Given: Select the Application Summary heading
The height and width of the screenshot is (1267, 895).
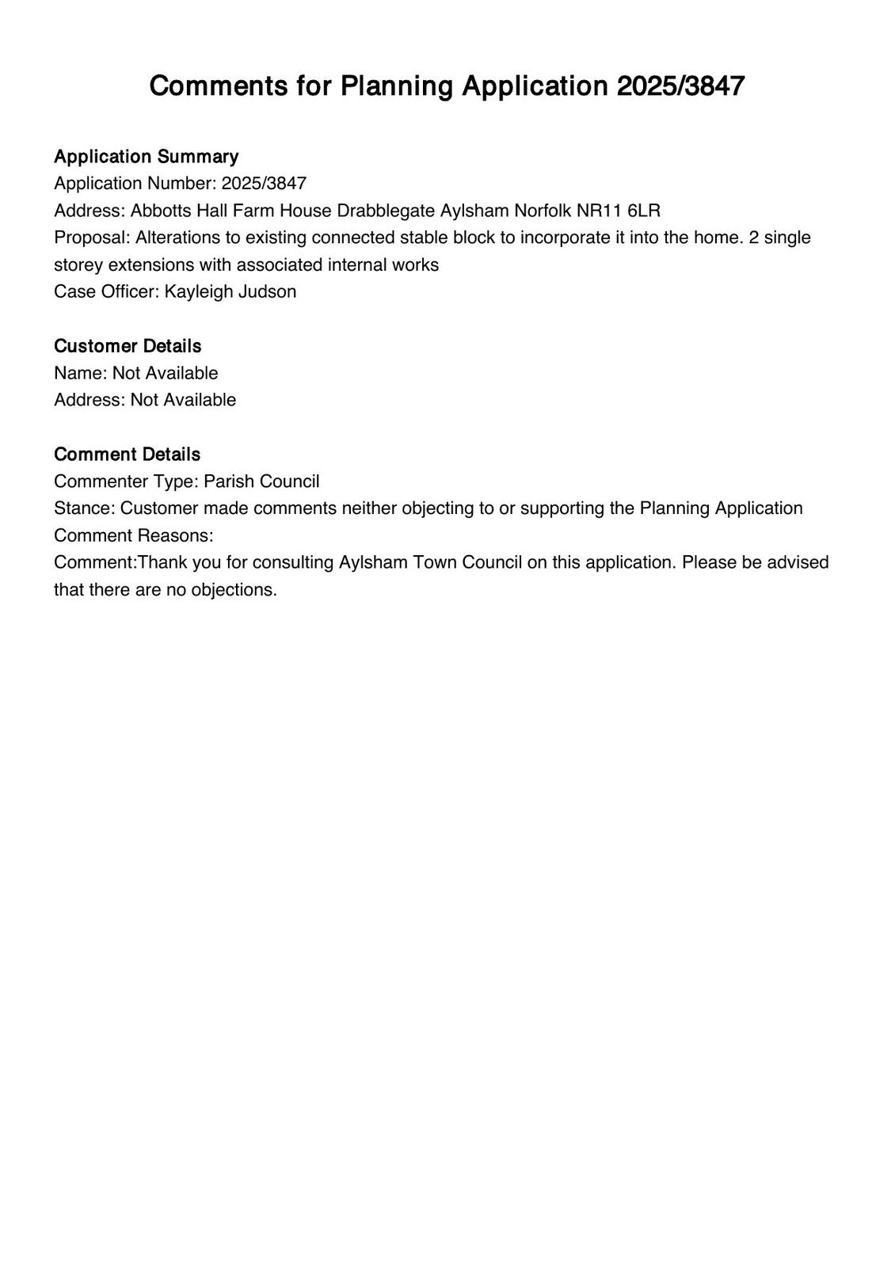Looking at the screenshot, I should [146, 157].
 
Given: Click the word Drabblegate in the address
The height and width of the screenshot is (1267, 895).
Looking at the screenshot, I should [386, 211].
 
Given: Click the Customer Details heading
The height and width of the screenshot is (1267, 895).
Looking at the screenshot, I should [128, 346].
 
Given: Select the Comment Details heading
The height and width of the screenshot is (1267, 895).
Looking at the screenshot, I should [127, 455].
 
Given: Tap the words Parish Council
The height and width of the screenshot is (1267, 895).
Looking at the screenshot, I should [261, 481].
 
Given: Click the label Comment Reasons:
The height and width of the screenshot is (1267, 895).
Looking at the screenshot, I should [134, 535].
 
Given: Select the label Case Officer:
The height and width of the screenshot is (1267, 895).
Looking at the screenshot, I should [107, 291].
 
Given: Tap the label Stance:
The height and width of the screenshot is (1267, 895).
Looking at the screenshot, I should [85, 508].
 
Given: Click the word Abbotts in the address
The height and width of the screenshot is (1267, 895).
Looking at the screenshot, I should [162, 211].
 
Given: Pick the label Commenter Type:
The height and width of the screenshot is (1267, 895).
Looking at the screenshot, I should [126, 481].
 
